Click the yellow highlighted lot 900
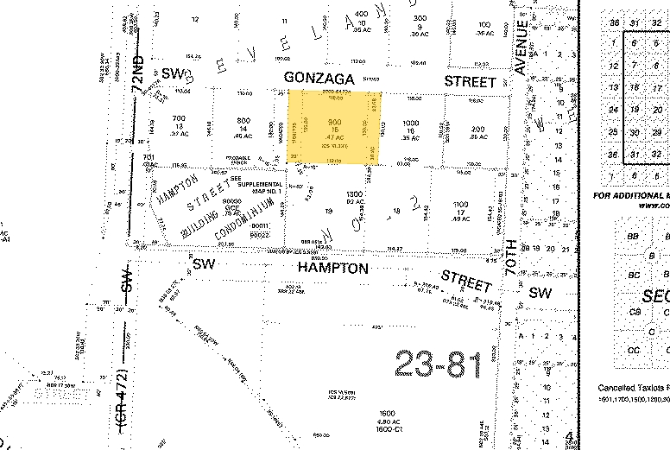coord(333,127)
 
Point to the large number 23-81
coord(439,364)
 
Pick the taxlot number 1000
coord(410,123)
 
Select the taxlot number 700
coord(179,118)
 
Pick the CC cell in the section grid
coord(633,350)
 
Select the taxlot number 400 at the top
coord(360,13)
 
